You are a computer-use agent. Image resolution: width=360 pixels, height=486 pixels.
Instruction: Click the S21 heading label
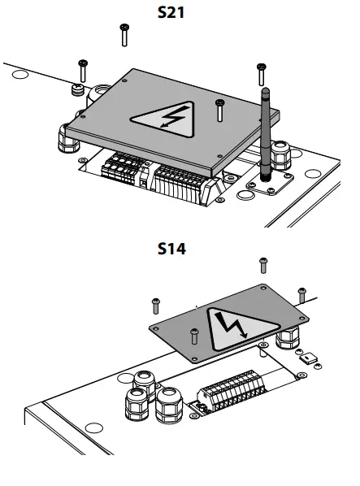[171, 13]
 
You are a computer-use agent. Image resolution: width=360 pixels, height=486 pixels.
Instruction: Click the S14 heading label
[171, 249]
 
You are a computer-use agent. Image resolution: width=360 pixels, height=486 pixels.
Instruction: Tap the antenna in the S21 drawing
[266, 135]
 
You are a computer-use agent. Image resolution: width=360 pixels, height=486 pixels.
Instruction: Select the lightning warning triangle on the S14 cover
[239, 329]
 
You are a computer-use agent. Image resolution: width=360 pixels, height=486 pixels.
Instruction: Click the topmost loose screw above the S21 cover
[124, 35]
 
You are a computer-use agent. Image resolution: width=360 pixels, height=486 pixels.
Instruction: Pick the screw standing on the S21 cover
[219, 111]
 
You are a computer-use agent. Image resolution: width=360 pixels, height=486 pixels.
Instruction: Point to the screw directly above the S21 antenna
[261, 75]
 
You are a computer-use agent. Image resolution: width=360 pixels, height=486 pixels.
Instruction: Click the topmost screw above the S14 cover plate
[263, 265]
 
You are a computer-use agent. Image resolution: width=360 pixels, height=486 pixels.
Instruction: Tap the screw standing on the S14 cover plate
[194, 336]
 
